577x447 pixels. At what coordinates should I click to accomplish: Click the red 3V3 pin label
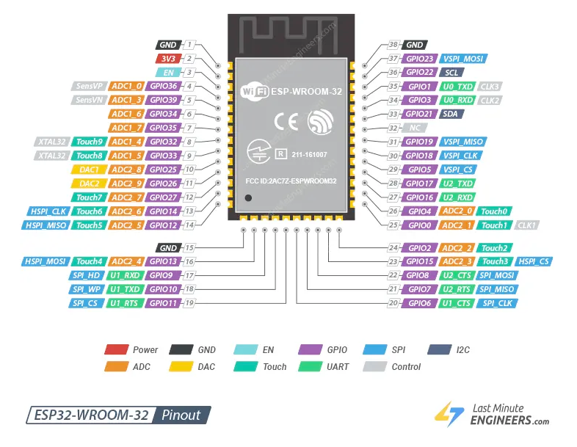167,58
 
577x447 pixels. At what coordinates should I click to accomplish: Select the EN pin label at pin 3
167,72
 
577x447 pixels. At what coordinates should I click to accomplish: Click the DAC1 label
88,169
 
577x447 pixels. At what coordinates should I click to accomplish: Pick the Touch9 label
90,142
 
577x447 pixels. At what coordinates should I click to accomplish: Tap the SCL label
451,73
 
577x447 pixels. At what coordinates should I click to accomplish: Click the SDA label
451,114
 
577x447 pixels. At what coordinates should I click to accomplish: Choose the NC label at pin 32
415,128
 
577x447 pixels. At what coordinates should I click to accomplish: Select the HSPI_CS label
534,261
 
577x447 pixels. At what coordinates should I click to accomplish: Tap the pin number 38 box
393,45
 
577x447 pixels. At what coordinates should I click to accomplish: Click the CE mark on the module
286,121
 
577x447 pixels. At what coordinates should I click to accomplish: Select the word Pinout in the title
181,415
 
